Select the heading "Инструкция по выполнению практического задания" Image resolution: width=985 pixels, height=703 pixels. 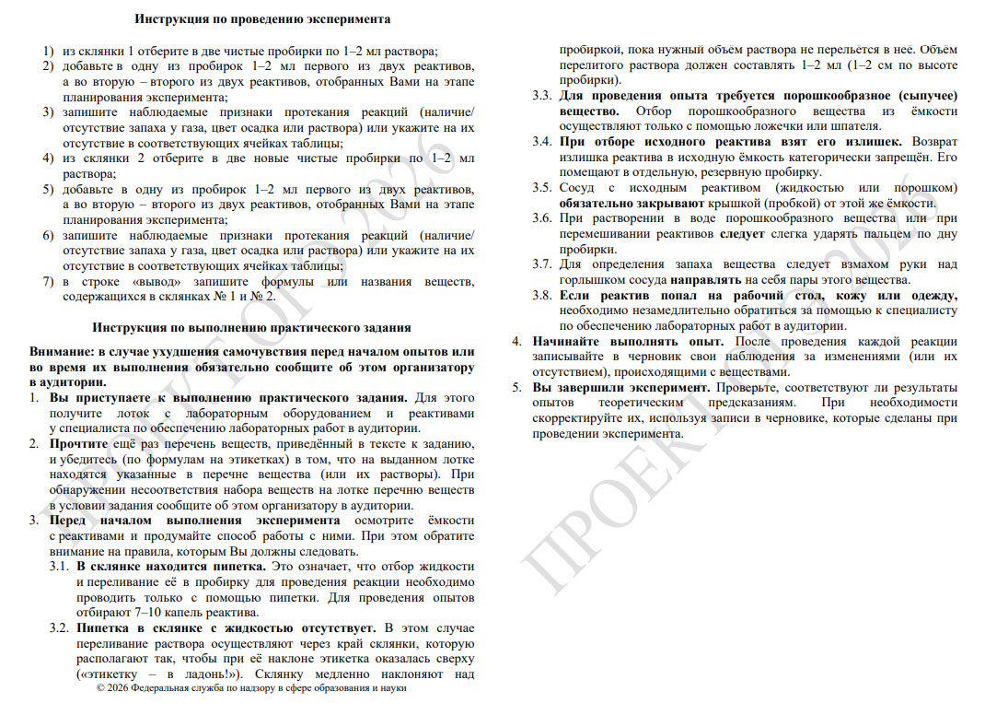coord(251,327)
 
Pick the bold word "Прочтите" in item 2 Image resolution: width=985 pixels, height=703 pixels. coord(77,444)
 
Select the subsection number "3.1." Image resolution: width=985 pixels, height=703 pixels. coord(60,566)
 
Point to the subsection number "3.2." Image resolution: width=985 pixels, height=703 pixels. coord(60,628)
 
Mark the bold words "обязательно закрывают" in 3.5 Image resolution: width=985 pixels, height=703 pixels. coord(616,203)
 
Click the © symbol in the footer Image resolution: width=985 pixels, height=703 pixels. coord(100,688)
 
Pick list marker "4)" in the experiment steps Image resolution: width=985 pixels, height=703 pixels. coord(48,158)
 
